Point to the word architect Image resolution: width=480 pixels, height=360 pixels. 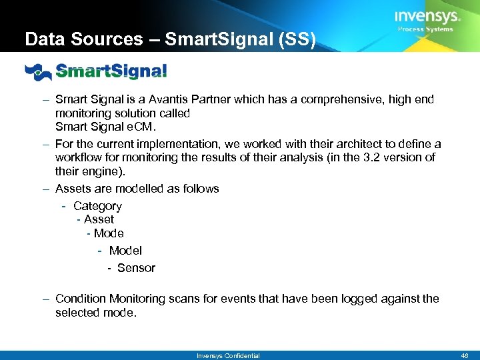click(319, 144)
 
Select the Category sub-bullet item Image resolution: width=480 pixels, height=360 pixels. click(97, 206)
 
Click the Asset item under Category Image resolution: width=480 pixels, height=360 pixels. click(99, 219)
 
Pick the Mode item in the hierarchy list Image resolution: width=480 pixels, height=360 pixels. click(109, 233)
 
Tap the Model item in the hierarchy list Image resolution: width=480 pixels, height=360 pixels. click(125, 251)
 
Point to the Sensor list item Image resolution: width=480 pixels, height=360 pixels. click(136, 268)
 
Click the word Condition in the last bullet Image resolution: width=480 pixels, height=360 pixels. click(81, 299)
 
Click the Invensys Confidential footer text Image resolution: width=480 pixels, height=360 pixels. click(228, 355)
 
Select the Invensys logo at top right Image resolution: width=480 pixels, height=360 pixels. click(426, 17)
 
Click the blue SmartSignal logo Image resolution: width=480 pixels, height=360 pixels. click(96, 71)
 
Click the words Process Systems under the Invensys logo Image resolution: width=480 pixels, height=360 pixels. click(425, 29)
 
